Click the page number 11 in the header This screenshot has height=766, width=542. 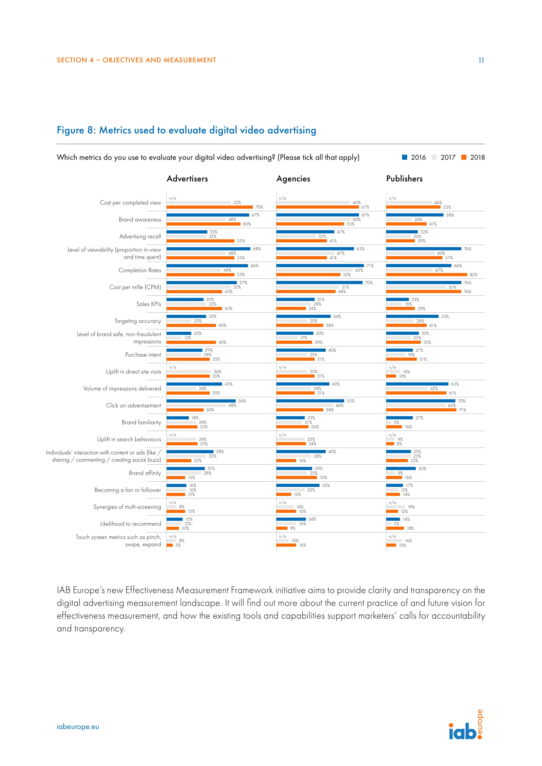point(481,60)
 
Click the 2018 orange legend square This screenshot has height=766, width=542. point(464,158)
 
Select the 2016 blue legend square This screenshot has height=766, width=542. point(404,158)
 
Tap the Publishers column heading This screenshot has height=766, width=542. point(404,179)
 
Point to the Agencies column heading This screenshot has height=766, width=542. point(293,179)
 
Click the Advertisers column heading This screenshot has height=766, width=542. point(187,179)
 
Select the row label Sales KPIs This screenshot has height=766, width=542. point(148,304)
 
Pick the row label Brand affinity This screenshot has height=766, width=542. point(145,473)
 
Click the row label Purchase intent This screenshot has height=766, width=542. point(143,355)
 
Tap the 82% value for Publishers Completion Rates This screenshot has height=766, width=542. point(473,275)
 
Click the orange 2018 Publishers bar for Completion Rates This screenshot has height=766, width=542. point(426,274)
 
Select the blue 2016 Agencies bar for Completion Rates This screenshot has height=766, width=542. point(320,266)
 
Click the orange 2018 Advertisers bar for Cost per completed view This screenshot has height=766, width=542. point(210,207)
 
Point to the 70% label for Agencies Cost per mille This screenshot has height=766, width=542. point(368,283)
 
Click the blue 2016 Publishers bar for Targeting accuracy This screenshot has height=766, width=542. point(412,316)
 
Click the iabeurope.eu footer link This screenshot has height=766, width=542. point(78,727)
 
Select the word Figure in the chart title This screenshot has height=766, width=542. point(70,130)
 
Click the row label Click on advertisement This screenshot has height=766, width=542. point(133,405)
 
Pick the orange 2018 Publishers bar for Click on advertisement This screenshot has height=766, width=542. point(421,410)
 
